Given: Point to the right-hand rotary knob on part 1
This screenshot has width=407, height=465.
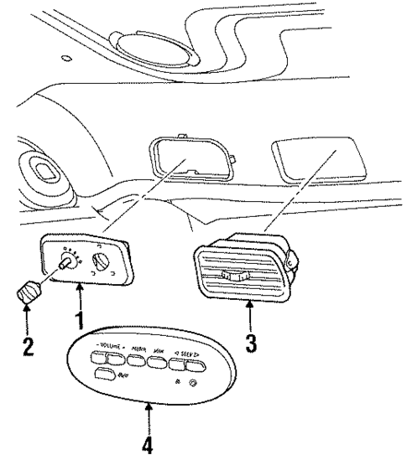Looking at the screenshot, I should (x=102, y=267).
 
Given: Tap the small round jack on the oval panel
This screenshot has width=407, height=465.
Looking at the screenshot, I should (x=193, y=385).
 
